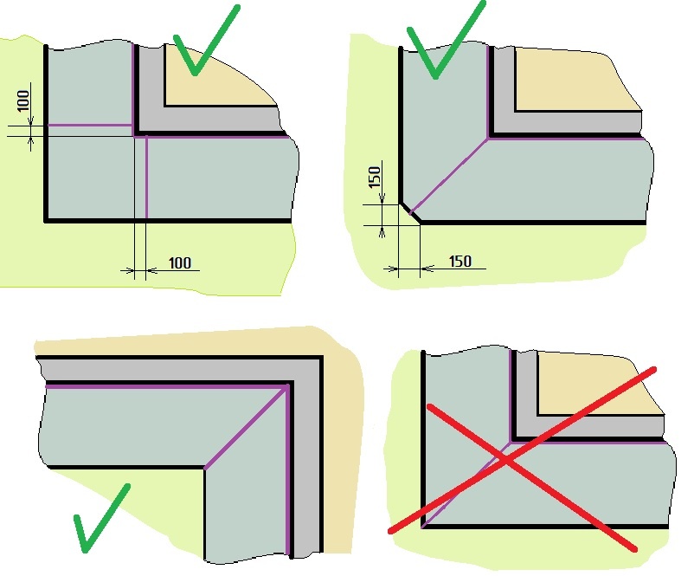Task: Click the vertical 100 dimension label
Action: [23, 100]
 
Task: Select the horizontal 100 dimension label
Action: [180, 262]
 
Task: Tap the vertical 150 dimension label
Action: [375, 177]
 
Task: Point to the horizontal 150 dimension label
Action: [460, 262]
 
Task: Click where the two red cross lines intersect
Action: [504, 460]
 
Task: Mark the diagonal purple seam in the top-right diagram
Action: [449, 177]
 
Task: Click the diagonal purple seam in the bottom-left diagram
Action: [246, 427]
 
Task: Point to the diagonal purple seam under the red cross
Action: [466, 484]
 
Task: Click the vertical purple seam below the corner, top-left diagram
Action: [146, 178]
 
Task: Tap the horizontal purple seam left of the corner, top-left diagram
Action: [90, 126]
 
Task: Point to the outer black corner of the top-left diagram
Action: [46, 220]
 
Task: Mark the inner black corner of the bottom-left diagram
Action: [205, 468]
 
